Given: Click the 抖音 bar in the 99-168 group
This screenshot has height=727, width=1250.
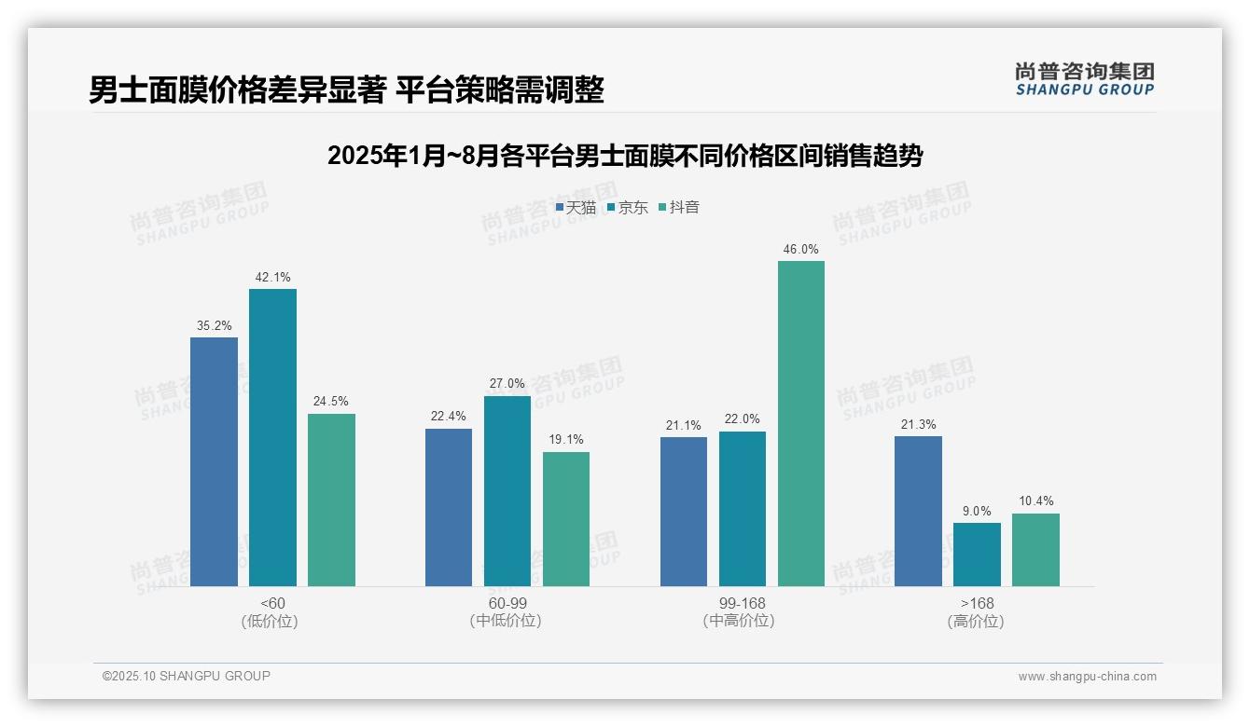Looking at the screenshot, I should (800, 424).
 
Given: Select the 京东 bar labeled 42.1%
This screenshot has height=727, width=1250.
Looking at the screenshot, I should (272, 437).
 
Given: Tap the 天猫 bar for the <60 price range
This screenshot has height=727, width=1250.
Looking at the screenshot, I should (214, 461).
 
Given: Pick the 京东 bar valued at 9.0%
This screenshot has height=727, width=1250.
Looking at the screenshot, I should (977, 555).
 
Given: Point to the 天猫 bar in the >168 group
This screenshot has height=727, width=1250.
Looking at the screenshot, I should (918, 511).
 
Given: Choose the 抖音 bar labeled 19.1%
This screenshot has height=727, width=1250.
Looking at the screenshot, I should (566, 519).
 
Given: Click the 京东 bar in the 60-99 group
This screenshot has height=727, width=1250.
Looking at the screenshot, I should (507, 491).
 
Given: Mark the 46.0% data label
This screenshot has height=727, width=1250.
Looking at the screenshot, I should (800, 249).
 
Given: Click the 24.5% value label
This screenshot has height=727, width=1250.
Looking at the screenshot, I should (331, 402).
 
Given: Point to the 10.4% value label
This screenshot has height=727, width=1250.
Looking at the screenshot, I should (1035, 501).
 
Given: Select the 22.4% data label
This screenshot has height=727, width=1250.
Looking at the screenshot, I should (449, 417).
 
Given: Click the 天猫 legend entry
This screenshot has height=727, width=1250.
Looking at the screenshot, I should (576, 208).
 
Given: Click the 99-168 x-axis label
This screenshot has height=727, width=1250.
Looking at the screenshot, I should (742, 604).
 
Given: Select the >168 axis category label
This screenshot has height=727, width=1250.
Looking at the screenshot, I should (976, 604).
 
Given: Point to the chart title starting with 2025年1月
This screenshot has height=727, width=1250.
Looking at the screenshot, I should (624, 156).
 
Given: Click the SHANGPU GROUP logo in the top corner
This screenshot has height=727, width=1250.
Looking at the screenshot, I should (1084, 78).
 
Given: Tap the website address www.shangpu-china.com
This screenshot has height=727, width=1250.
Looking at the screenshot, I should (1087, 677).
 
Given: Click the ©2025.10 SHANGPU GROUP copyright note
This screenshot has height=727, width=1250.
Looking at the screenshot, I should (187, 676).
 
